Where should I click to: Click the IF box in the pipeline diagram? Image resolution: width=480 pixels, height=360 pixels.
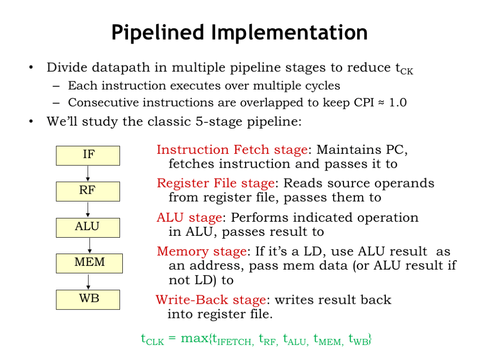(88, 155)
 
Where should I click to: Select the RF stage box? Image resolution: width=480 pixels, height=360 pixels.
(88, 191)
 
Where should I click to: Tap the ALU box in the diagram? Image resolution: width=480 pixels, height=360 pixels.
(88, 227)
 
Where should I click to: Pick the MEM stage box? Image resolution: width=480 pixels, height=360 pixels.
(89, 263)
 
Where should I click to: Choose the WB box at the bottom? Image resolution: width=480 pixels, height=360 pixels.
(88, 299)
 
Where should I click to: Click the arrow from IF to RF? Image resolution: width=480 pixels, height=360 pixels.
(88, 173)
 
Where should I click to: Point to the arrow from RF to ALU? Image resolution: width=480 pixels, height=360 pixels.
(88, 210)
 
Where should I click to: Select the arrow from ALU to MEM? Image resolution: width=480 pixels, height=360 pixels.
(89, 245)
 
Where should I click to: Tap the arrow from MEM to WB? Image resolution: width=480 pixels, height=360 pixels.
(88, 281)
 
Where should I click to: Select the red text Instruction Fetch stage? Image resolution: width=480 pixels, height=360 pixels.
(232, 150)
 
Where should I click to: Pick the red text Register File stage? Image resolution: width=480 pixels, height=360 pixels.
(215, 183)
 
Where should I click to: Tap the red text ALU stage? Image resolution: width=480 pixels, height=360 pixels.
(189, 218)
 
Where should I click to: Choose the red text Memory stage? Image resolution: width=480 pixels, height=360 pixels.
(202, 252)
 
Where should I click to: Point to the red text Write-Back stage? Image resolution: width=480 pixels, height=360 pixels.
(211, 300)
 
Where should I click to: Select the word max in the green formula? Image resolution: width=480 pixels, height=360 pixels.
(193, 338)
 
